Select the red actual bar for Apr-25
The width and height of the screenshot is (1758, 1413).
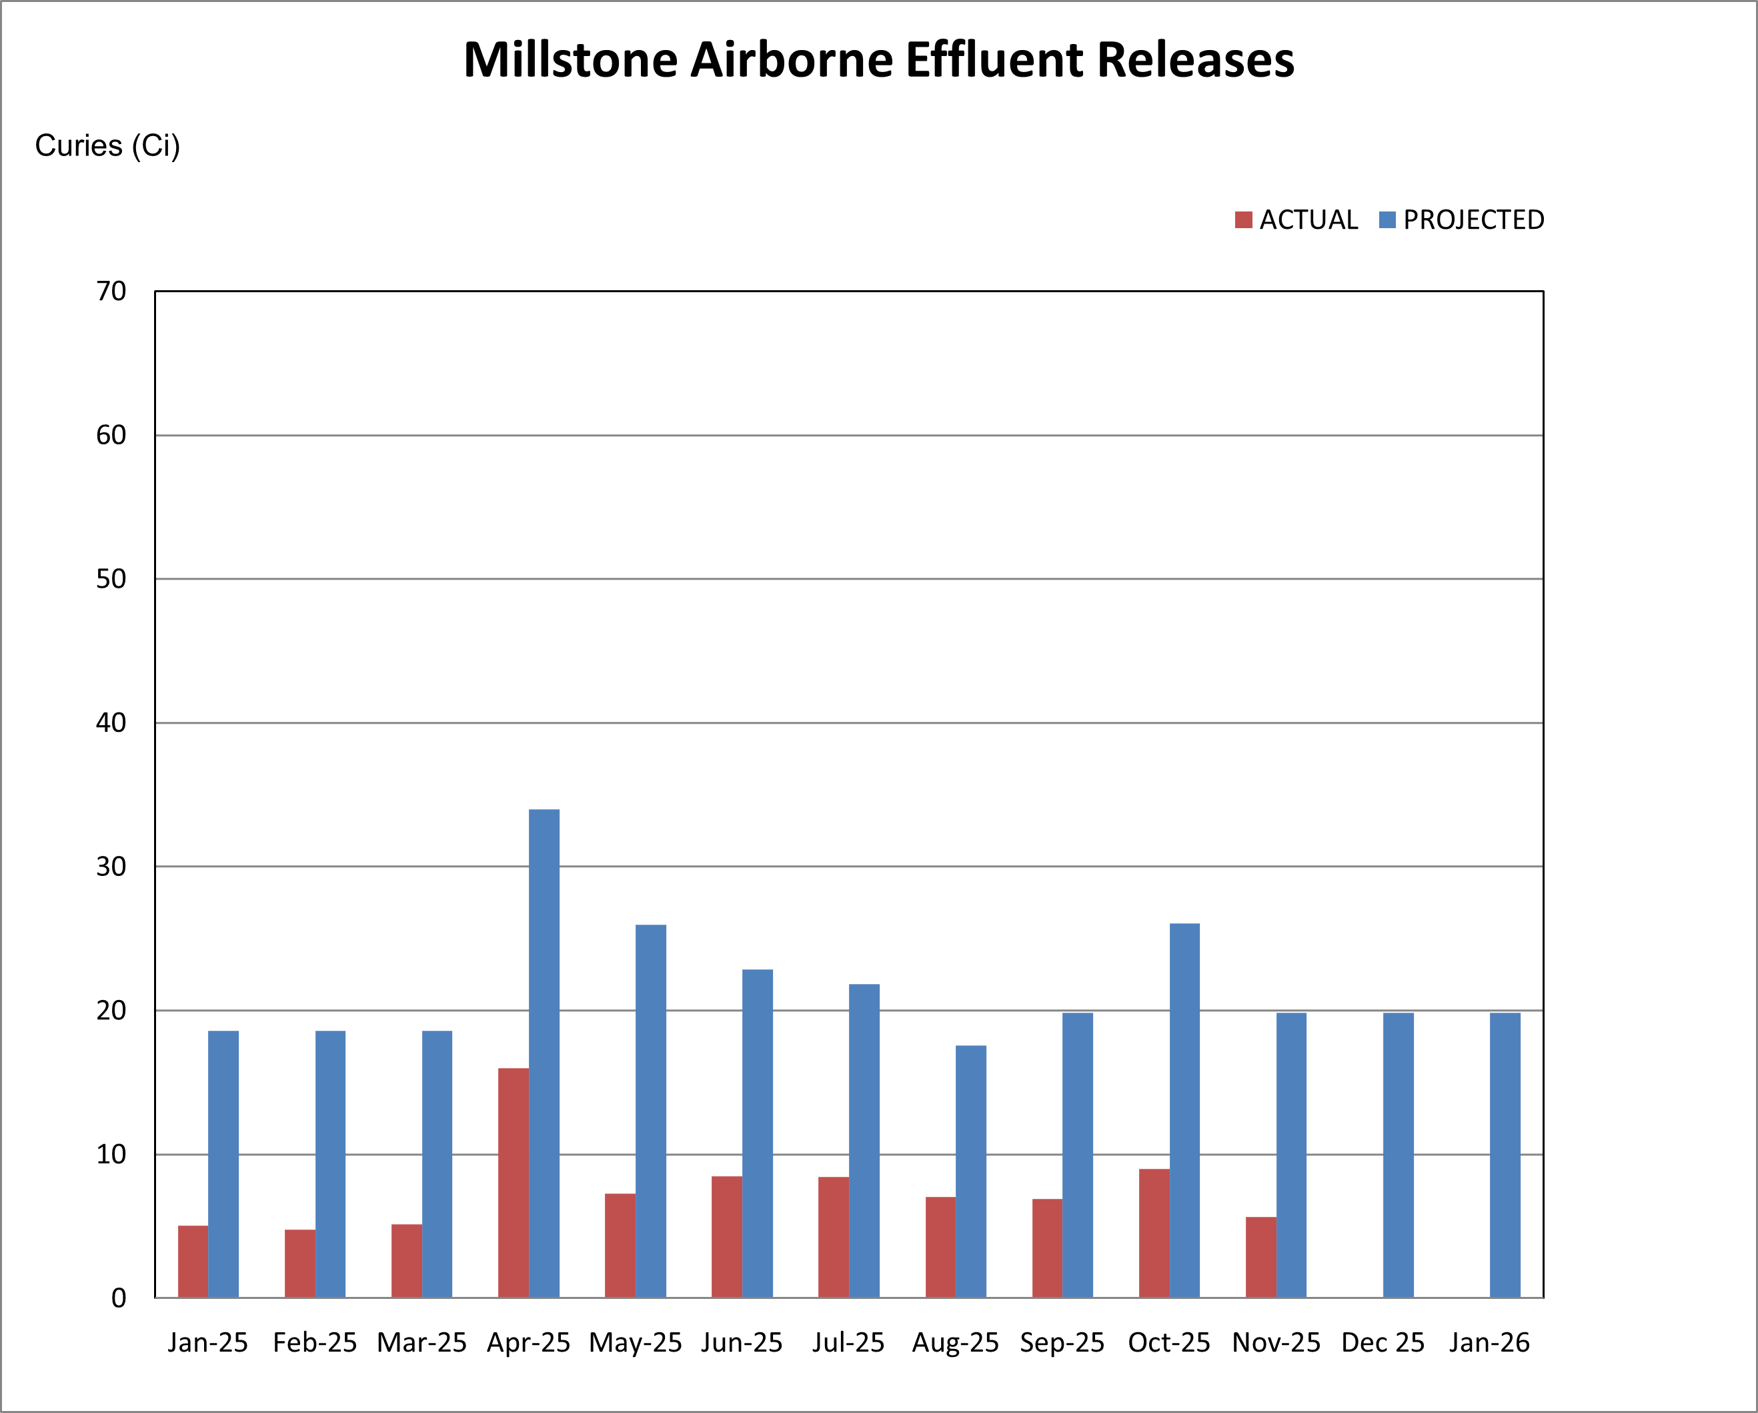513,1183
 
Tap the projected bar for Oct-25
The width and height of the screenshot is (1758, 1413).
1184,1110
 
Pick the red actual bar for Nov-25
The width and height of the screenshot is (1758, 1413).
1260,1257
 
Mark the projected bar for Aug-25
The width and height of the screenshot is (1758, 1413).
970,1171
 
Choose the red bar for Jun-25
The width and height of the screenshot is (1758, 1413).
726,1237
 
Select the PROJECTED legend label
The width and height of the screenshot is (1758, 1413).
1473,220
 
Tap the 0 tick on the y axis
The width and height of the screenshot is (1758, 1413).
119,1298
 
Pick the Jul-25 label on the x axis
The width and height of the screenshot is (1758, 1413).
848,1343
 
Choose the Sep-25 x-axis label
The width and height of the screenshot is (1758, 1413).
1062,1343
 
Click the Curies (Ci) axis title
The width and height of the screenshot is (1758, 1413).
107,146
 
